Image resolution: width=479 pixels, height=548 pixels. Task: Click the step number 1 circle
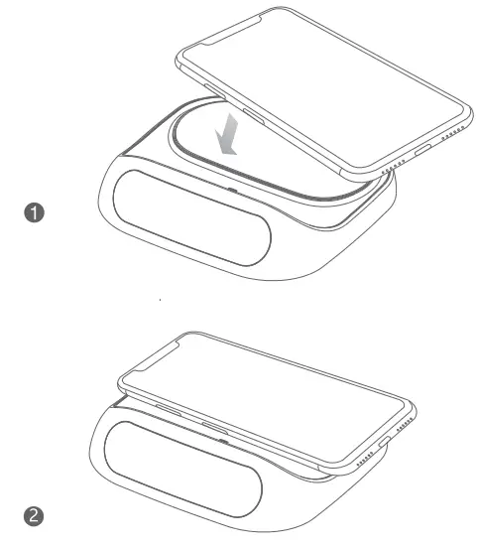pos(36,213)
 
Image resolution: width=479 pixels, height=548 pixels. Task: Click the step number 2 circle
pos(36,513)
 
